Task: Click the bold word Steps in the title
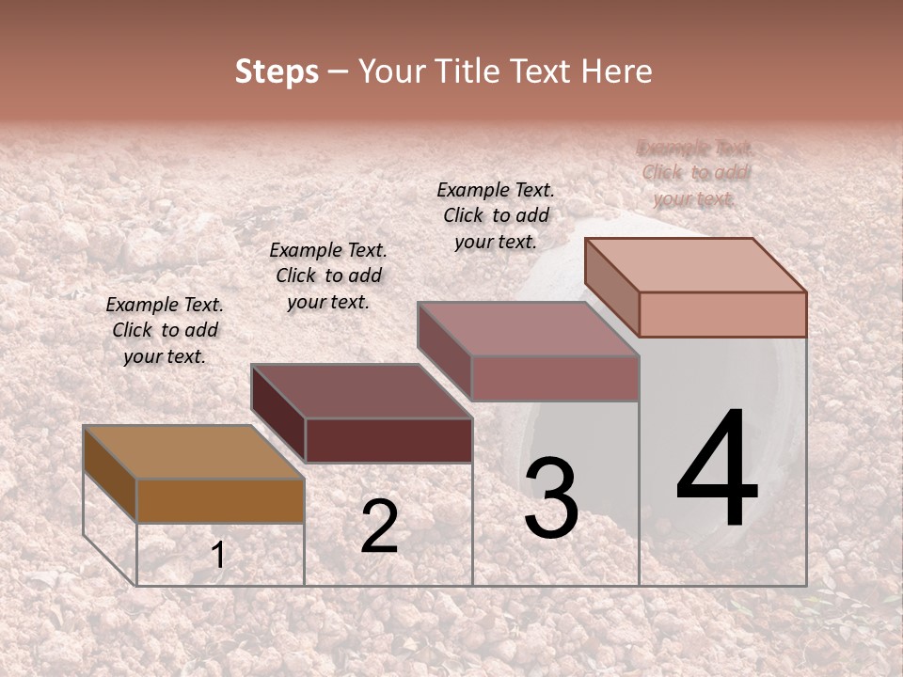[x=277, y=72]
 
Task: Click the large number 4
[x=717, y=470]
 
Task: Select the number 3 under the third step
[x=551, y=498]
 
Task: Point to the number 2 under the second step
[x=379, y=527]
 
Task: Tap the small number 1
[x=218, y=555]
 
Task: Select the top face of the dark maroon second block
[x=362, y=391]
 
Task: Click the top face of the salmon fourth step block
[x=696, y=264]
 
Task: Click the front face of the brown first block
[x=220, y=500]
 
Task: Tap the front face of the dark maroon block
[x=388, y=440]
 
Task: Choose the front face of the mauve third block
[x=555, y=378]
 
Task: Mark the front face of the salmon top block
[x=722, y=314]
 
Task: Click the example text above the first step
[x=165, y=331]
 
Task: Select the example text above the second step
[x=328, y=276]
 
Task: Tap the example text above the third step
[x=496, y=215]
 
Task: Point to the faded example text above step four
[x=695, y=173]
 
